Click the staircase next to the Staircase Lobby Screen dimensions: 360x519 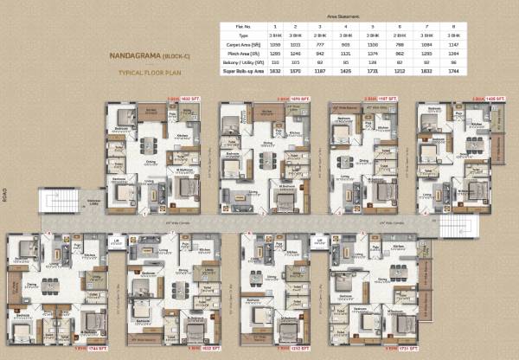pyautogui.click(x=54, y=201)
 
